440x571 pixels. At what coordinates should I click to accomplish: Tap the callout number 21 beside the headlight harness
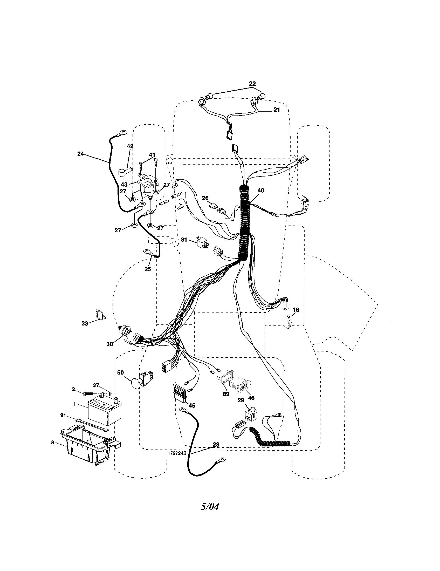tap(277, 110)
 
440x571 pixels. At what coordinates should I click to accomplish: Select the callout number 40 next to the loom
tap(260, 190)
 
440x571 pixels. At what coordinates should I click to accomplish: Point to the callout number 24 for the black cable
tap(80, 154)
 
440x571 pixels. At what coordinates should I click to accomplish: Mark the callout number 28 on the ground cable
tap(216, 444)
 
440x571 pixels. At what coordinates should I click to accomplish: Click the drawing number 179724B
tap(177, 453)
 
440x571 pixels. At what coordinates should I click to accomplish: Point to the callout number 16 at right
tap(296, 310)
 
